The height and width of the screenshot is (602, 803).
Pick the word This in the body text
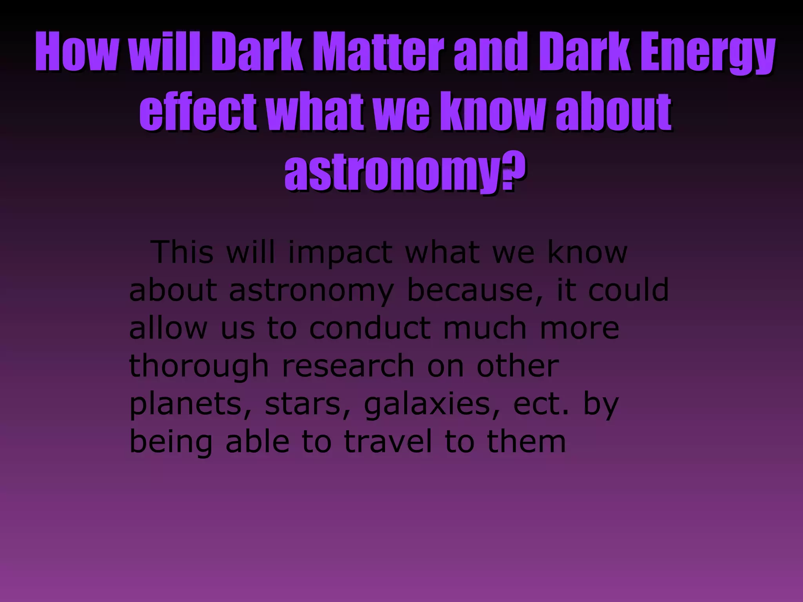pyautogui.click(x=183, y=252)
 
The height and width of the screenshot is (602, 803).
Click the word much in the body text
pyautogui.click(x=485, y=328)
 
